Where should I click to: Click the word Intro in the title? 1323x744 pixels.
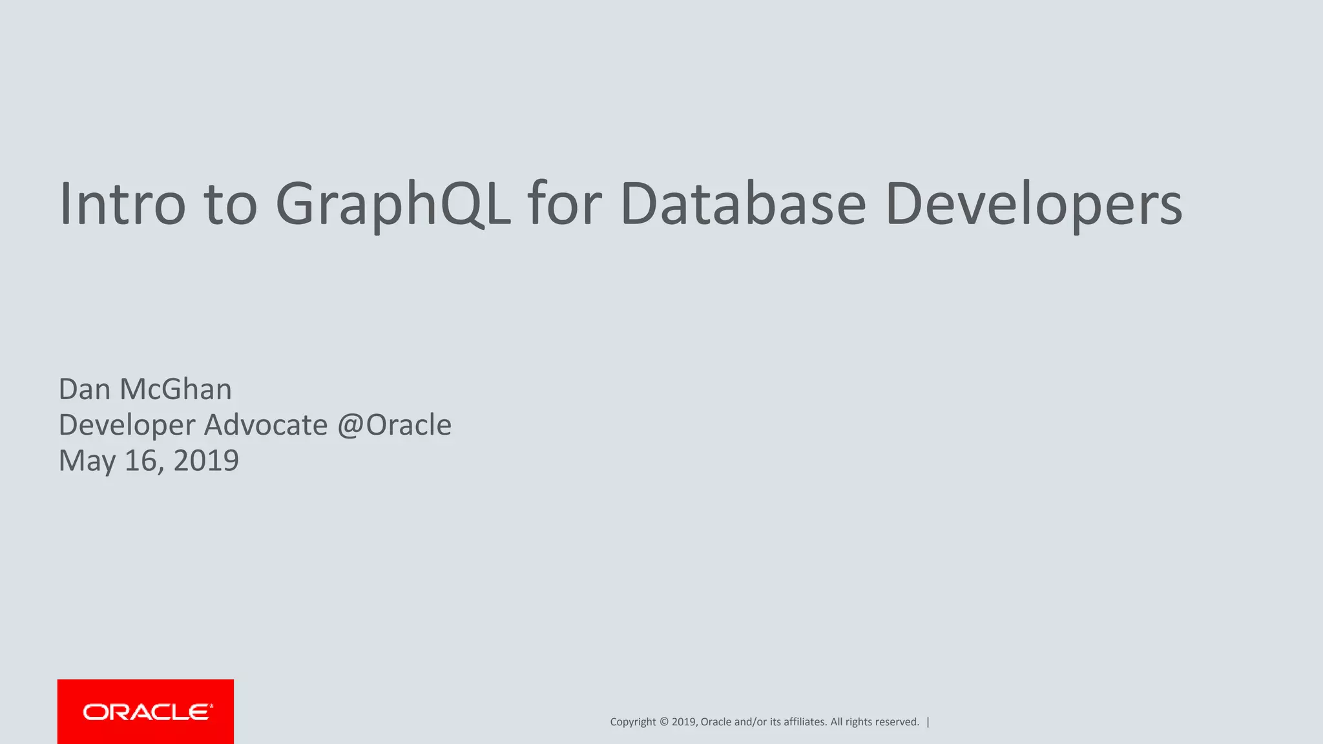coord(123,203)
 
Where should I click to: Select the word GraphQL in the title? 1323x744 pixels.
coord(393,203)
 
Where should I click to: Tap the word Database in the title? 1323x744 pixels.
coord(743,203)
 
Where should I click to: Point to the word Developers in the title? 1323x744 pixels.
coord(1034,203)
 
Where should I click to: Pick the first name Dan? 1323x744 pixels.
coord(85,389)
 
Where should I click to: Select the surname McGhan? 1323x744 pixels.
coord(176,389)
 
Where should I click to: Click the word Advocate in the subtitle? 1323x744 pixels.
coord(266,425)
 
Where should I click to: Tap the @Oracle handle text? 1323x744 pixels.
coord(394,425)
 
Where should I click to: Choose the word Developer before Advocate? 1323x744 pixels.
coord(127,425)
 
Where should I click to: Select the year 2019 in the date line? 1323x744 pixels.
coord(206,461)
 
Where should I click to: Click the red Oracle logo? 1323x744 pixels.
coord(145,712)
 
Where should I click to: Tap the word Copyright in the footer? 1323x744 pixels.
coord(632,722)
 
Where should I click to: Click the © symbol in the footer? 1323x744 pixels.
coord(664,722)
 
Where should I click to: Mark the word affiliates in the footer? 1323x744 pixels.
coord(805,722)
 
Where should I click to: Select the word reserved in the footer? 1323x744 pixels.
coord(897,722)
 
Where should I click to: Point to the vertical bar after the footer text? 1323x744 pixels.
coord(928,722)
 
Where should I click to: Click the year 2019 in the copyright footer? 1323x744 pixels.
coord(683,722)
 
